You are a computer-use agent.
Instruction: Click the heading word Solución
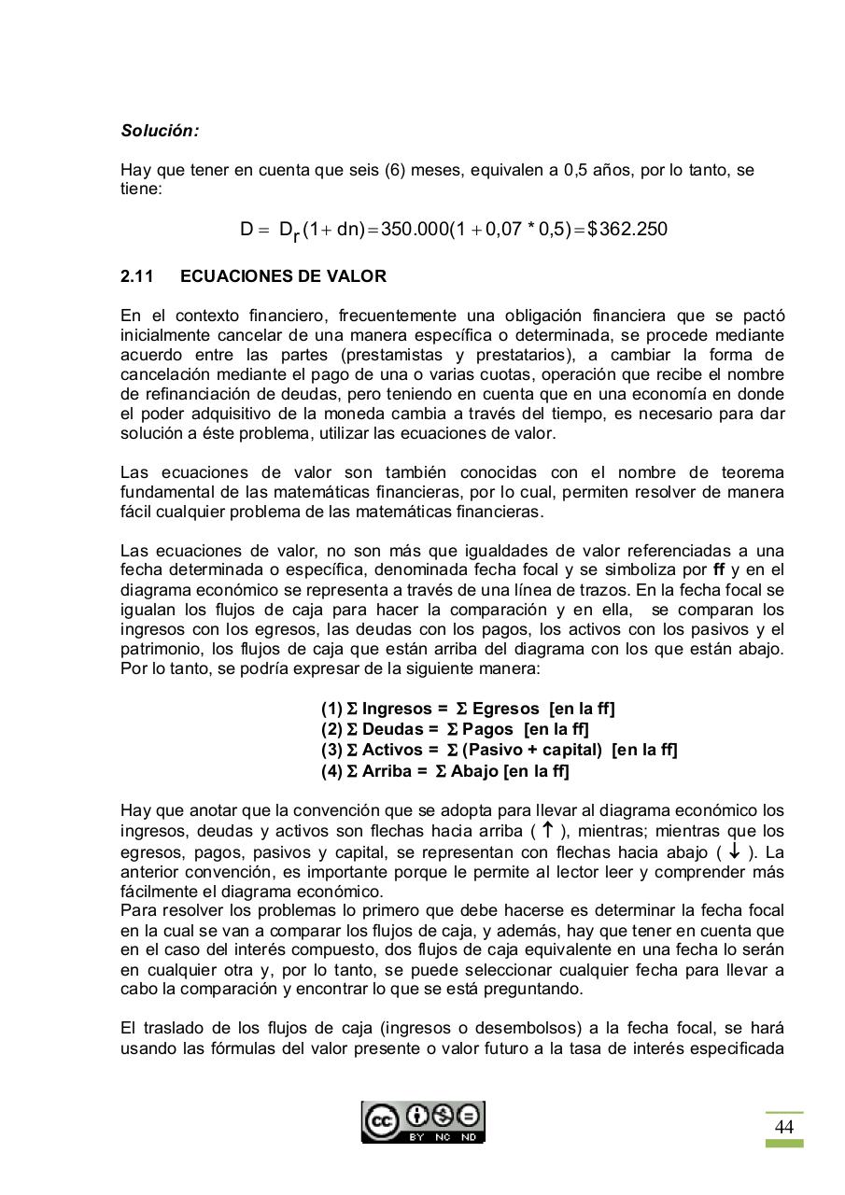click(x=160, y=131)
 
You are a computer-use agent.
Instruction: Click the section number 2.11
click(x=137, y=276)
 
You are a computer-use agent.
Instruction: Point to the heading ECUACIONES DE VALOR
click(x=283, y=276)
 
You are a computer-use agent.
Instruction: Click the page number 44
click(x=784, y=1127)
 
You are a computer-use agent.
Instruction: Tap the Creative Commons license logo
click(x=423, y=1121)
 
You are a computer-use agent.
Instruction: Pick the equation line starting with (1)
click(x=468, y=709)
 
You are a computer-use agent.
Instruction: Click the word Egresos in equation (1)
click(x=505, y=709)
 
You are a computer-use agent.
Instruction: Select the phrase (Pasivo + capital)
click(x=532, y=750)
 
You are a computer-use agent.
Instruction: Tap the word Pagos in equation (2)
click(x=488, y=729)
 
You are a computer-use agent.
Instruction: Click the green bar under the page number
click(x=784, y=1143)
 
